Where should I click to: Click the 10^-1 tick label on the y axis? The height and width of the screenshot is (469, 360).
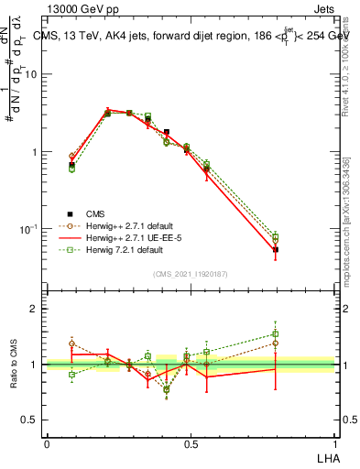[27, 228]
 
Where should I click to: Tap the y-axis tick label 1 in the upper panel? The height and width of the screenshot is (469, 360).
[33, 151]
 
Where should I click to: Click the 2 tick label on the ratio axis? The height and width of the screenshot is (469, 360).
[33, 309]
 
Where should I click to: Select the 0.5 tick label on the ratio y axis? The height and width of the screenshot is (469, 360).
[29, 420]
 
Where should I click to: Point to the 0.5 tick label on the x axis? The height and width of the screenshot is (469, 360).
[191, 442]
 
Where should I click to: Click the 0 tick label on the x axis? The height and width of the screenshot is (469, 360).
[47, 442]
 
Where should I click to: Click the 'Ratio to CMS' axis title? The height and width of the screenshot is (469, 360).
[13, 364]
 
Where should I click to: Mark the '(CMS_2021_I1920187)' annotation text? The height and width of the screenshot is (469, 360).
[191, 273]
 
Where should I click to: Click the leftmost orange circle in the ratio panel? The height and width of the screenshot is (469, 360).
[72, 344]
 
